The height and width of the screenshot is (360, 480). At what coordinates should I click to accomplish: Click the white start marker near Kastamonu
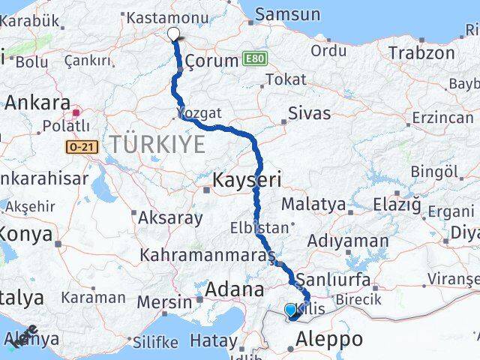click(x=174, y=34)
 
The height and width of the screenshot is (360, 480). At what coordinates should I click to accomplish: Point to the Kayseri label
click(x=247, y=180)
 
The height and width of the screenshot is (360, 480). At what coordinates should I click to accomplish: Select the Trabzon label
click(x=421, y=53)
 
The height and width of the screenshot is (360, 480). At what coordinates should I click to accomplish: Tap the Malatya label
click(x=315, y=204)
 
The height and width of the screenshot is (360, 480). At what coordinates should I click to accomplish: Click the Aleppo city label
click(x=328, y=339)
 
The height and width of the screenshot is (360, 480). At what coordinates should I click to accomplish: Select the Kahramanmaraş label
click(x=206, y=256)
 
